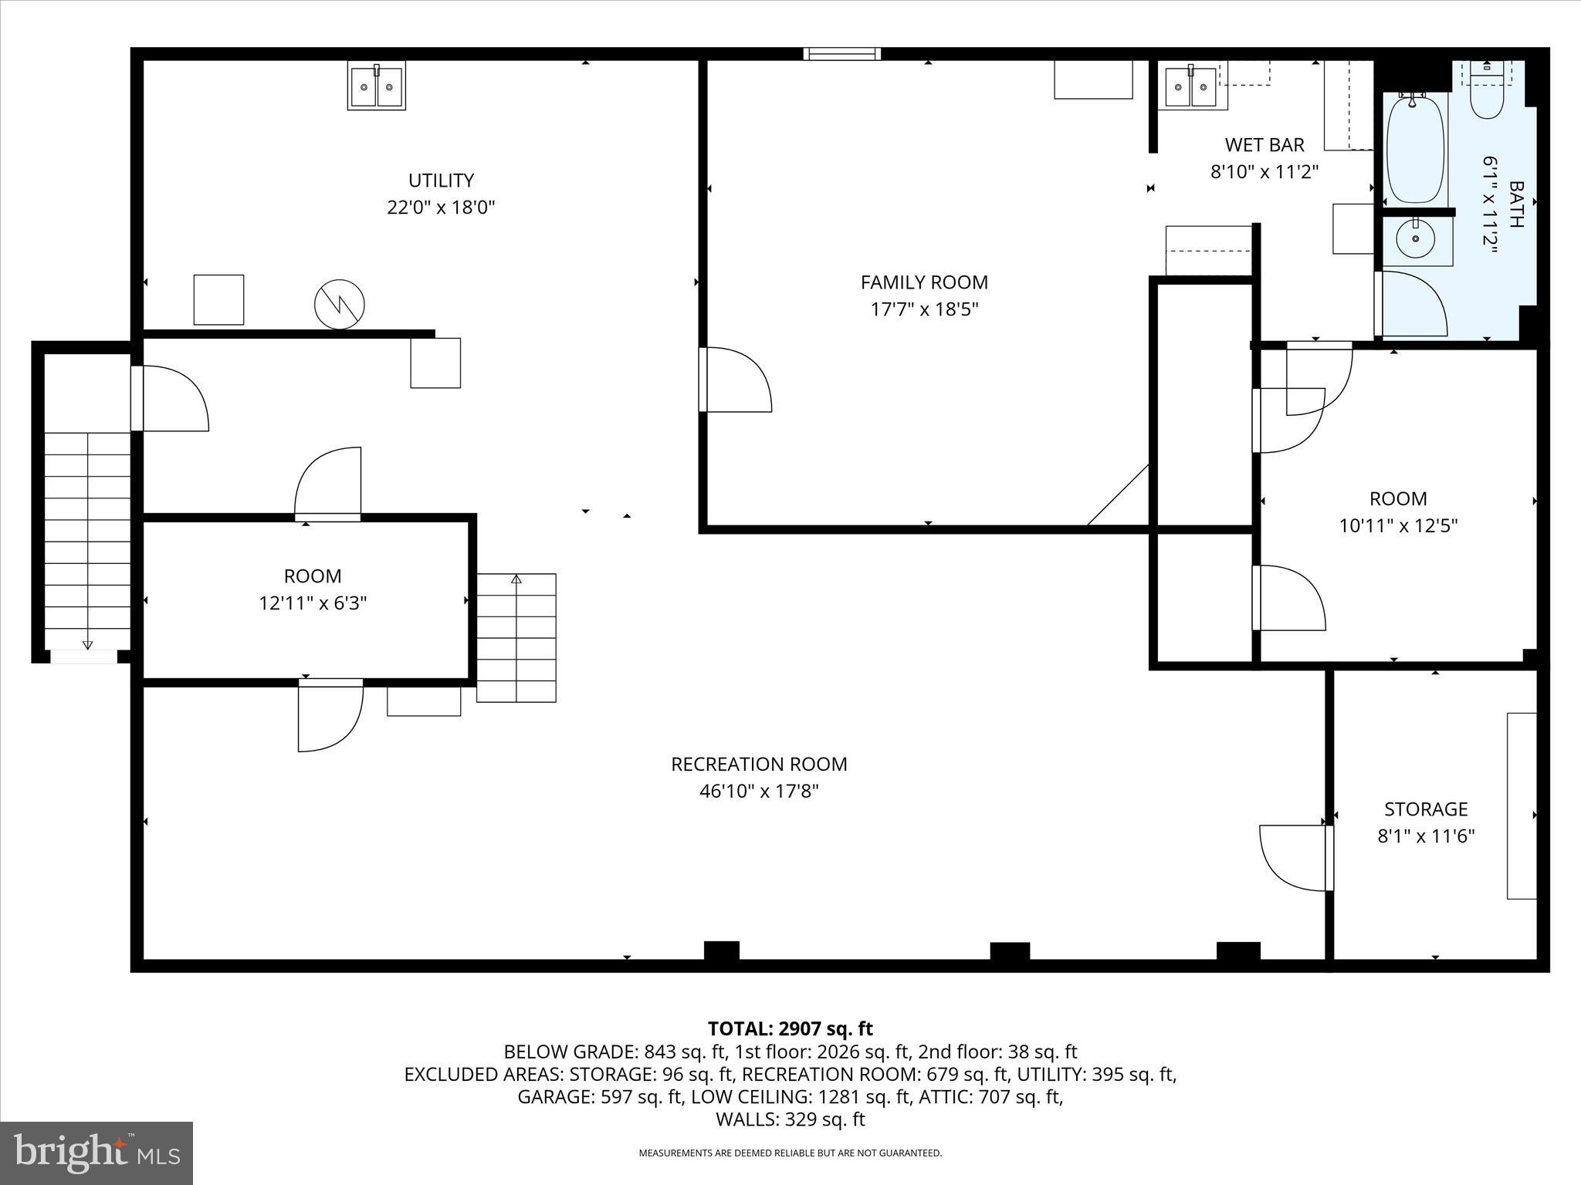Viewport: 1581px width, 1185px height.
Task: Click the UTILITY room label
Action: pos(441,181)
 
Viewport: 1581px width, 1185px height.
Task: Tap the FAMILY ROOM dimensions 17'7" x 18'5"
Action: pos(924,309)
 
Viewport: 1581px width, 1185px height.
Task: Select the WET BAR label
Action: pos(1264,145)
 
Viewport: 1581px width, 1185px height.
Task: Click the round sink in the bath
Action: pos(1416,239)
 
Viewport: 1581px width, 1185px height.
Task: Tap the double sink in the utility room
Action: pos(376,86)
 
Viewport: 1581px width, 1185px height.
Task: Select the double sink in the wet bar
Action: pos(1190,86)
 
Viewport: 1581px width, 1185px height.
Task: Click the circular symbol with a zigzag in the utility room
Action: pos(340,305)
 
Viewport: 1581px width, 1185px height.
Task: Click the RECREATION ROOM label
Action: pos(759,764)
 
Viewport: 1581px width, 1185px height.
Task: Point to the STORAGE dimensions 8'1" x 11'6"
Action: pos(1426,836)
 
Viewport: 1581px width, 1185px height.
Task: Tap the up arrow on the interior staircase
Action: pos(516,579)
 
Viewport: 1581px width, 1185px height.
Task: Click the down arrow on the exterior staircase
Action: pos(87,644)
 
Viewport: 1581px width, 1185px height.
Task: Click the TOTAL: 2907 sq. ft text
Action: pos(790,1028)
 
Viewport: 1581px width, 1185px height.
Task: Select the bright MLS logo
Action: pos(96,1153)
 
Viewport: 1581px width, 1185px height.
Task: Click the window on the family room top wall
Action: pos(841,53)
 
